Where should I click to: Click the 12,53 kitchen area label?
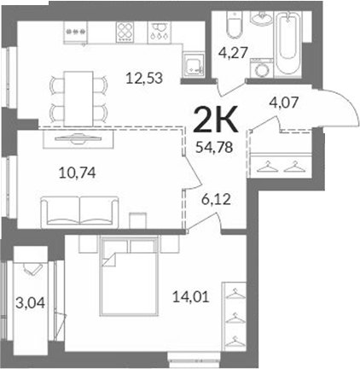click(144, 78)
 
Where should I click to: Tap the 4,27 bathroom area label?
click(234, 53)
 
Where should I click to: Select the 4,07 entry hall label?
click(283, 102)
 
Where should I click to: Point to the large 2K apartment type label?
click(216, 120)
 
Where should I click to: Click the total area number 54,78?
click(215, 148)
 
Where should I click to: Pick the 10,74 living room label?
click(78, 173)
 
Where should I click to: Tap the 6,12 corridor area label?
click(216, 200)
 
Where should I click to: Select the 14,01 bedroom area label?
click(191, 297)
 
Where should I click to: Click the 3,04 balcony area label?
click(30, 303)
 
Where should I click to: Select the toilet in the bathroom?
click(235, 25)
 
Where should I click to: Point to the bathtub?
click(289, 43)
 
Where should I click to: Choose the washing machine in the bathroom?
click(262, 67)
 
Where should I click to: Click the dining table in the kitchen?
click(78, 99)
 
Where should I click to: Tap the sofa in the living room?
click(79, 212)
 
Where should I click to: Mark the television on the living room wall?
click(78, 138)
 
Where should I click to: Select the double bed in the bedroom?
click(129, 276)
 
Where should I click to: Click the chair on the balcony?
click(32, 269)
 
